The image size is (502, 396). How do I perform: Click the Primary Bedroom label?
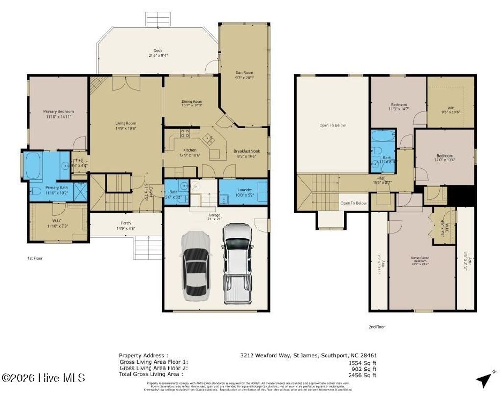click(58, 112)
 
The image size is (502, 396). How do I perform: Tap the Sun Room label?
click(244, 72)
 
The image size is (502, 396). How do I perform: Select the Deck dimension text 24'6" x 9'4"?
click(158, 55)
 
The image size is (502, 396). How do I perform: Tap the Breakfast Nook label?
click(246, 151)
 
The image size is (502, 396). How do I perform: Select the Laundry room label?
click(244, 190)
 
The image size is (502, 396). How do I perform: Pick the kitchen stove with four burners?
click(185, 132)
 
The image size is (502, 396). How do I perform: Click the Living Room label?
click(125, 123)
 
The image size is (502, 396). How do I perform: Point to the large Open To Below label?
click(332, 125)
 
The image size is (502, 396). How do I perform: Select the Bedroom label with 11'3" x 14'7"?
click(399, 105)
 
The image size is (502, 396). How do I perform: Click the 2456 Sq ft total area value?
click(362, 374)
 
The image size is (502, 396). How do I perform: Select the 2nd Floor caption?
click(376, 326)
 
